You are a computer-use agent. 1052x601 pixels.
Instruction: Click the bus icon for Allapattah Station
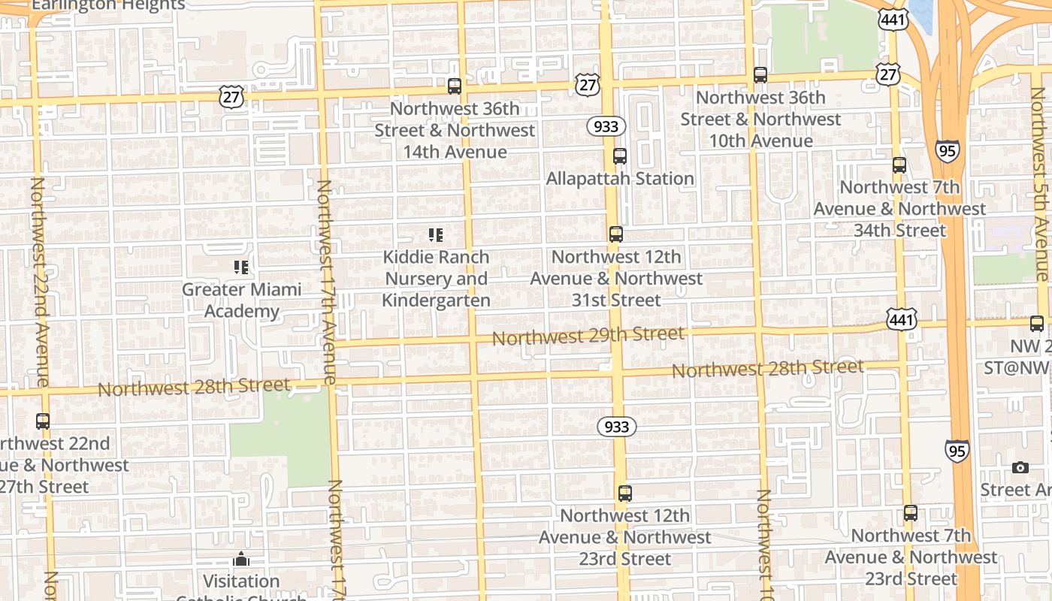click(619, 156)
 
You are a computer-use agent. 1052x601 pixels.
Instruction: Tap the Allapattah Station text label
click(619, 179)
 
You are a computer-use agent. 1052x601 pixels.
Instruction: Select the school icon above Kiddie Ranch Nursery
click(435, 235)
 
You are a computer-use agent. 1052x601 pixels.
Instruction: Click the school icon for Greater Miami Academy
click(241, 267)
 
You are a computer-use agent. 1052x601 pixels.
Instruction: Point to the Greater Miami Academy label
click(241, 300)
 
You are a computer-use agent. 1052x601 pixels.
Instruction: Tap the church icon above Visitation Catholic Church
click(241, 560)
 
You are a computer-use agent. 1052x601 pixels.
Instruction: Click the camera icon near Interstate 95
click(1020, 468)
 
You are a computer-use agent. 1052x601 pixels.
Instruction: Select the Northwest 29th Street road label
click(588, 336)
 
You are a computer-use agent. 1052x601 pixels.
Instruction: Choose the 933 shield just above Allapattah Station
click(606, 126)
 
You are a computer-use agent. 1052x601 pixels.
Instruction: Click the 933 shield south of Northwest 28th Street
click(617, 427)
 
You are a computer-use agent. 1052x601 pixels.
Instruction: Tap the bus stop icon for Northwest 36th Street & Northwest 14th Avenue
click(454, 86)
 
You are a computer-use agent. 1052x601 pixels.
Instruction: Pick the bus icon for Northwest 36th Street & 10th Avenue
click(760, 75)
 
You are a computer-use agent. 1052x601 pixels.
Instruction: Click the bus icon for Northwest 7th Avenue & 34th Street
click(899, 165)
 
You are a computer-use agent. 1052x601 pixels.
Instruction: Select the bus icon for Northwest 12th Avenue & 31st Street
click(616, 234)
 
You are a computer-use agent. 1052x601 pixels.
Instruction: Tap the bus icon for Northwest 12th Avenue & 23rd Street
click(624, 494)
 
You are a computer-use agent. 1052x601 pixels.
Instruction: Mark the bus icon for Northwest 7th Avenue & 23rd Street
click(910, 514)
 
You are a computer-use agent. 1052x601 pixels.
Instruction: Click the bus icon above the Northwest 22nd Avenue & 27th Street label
click(43, 421)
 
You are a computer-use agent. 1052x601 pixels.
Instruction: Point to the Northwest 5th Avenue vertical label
click(1040, 184)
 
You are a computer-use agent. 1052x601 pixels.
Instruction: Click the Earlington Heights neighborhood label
click(107, 5)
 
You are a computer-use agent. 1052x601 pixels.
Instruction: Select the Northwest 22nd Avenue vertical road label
click(40, 282)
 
